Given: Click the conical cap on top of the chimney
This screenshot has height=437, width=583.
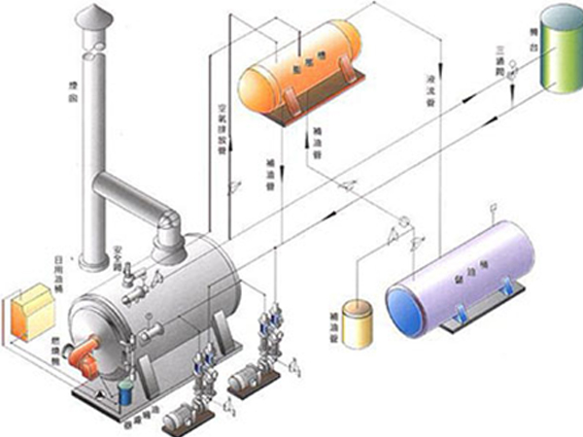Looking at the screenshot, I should [95, 17].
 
